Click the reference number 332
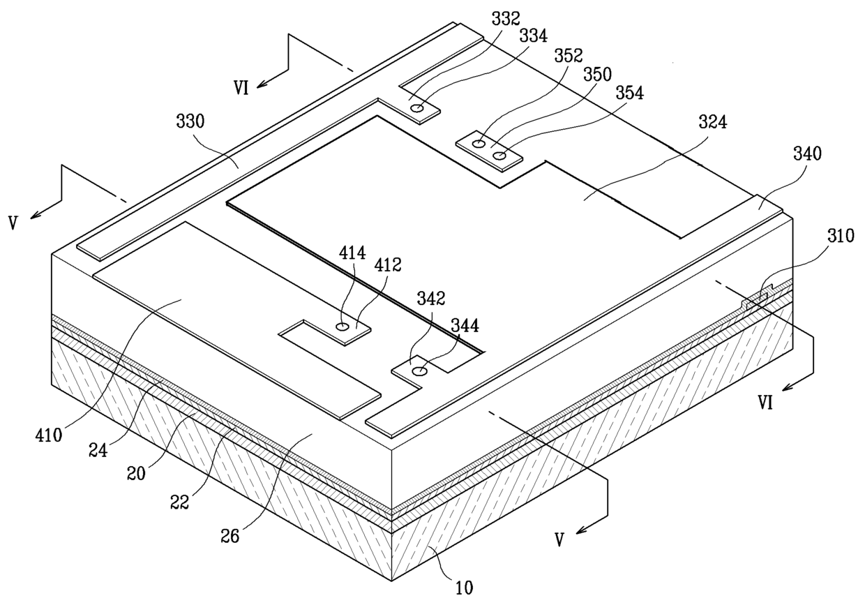tap(506, 19)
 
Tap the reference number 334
tap(533, 36)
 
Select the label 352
tap(568, 56)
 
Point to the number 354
tap(629, 93)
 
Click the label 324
tap(713, 123)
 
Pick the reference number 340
tap(808, 154)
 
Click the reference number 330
tap(190, 121)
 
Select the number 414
tap(352, 253)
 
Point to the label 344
tap(465, 326)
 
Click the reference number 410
tap(48, 436)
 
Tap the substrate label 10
tap(464, 588)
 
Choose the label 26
tap(230, 536)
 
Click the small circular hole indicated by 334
tap(417, 109)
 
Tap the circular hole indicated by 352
tap(479, 144)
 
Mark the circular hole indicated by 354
tap(499, 156)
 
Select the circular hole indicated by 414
tap(342, 327)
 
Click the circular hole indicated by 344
tap(419, 372)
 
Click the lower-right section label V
tap(559, 539)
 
